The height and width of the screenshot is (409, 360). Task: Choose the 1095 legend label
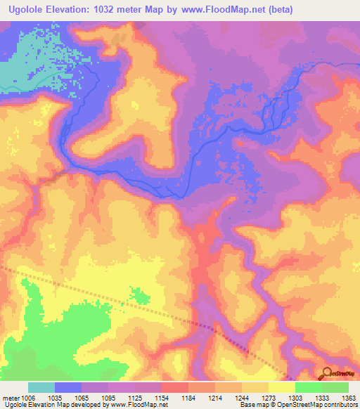pos(108,398)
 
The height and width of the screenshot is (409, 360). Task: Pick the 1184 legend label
pos(188,398)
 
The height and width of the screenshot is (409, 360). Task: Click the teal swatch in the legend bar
pos(41,387)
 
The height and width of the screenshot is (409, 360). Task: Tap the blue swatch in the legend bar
pos(68,387)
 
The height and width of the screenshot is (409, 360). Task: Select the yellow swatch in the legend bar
pos(281,387)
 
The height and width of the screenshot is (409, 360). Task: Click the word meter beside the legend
pos(10,398)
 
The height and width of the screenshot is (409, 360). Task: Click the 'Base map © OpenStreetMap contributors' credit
pos(297,405)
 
